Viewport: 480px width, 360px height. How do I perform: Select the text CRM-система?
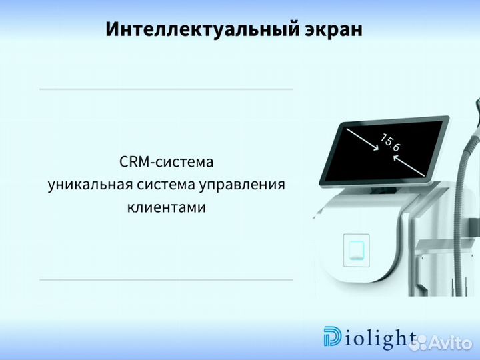166,162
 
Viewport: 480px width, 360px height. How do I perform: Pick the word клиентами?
166,207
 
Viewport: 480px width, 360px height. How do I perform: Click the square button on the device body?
356,249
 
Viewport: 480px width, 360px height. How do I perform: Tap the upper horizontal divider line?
166,89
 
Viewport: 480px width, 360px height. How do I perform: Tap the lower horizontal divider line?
166,279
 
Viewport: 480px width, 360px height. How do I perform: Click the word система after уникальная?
165,185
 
